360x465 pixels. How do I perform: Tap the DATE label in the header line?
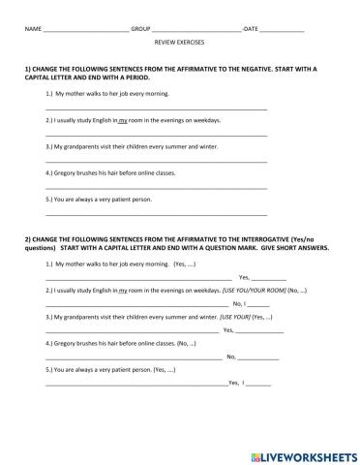(252, 30)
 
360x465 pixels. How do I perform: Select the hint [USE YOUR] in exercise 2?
(238, 316)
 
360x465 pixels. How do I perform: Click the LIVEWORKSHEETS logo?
(301, 452)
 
